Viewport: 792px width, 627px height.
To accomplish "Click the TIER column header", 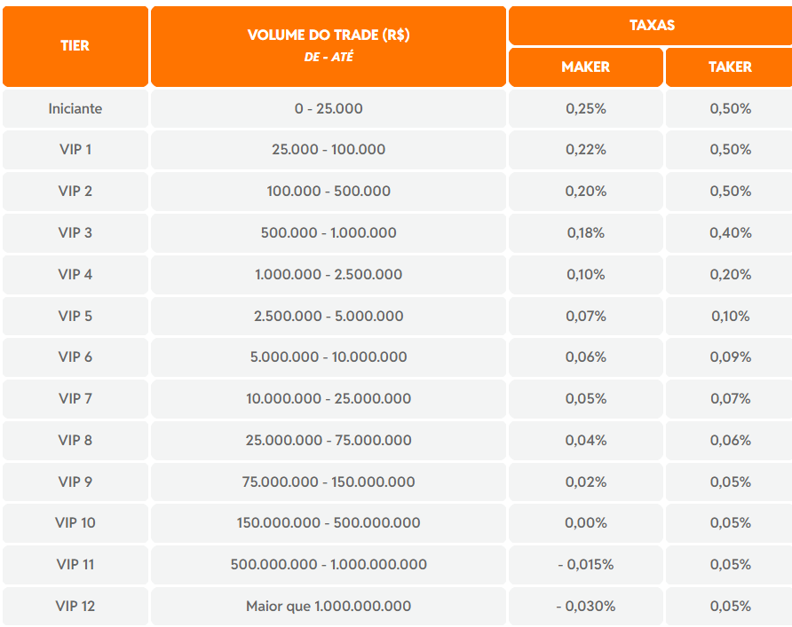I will (75, 45).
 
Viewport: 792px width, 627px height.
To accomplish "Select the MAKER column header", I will (585, 67).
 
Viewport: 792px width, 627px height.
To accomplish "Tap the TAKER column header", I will (730, 67).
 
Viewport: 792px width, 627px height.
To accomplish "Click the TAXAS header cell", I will (652, 25).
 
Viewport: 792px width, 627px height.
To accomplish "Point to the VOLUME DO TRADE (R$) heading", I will (329, 36).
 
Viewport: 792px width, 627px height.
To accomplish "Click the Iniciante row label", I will (75, 108).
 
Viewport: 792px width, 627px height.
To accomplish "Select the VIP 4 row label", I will (75, 274).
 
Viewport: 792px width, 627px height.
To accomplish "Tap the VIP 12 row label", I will (75, 606).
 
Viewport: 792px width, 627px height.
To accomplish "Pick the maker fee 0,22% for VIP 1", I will (585, 150).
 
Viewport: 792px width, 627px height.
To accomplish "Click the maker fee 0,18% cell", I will (585, 232).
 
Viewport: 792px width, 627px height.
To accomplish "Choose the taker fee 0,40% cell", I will (730, 232).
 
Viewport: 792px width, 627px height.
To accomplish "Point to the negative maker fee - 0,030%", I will (585, 606).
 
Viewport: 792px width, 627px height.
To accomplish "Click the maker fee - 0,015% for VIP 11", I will (585, 564).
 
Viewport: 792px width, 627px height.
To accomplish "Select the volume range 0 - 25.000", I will (329, 108).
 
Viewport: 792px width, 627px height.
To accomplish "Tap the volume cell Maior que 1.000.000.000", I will (329, 606).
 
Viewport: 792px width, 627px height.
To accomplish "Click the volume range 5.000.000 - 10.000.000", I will (329, 357).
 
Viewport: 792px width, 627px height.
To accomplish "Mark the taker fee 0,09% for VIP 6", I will (730, 357).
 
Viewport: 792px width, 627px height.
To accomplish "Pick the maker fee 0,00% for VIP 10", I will (585, 522).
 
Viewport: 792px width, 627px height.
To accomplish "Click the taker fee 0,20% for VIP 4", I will (730, 274).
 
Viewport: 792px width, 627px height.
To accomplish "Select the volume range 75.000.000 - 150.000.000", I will (329, 482).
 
